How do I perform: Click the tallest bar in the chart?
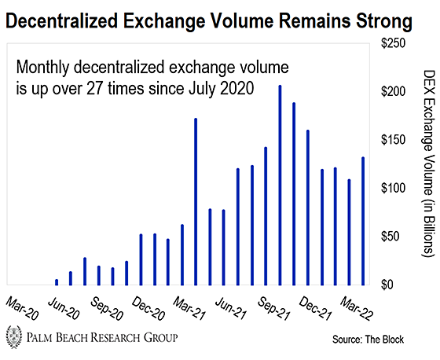click(280, 186)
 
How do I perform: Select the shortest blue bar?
click(57, 282)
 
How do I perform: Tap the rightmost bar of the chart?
click(363, 222)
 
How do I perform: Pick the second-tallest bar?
click(294, 194)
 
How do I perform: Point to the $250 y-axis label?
click(393, 43)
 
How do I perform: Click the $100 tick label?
click(393, 188)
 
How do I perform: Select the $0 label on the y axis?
click(387, 285)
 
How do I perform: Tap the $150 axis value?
click(393, 140)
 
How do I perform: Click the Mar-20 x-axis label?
click(22, 309)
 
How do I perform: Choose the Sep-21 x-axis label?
click(273, 309)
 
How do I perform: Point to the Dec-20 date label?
click(148, 309)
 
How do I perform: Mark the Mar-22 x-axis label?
click(356, 309)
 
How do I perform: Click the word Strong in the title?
click(384, 22)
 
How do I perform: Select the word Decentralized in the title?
click(62, 20)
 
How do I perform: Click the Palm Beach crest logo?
click(14, 336)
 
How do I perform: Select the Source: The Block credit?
click(368, 340)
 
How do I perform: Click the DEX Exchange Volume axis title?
click(429, 163)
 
